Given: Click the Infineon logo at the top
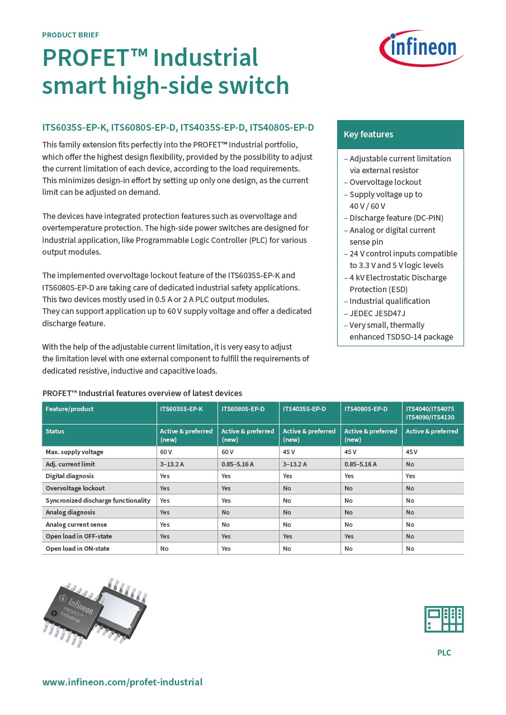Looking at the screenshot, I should [x=422, y=48].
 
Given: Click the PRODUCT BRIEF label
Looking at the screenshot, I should [x=70, y=35].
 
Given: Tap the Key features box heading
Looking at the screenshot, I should [x=368, y=135].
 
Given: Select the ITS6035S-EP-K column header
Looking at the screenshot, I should [x=181, y=409].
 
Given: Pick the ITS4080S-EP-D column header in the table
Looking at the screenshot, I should [x=366, y=409].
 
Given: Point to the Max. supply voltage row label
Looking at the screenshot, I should [x=74, y=452].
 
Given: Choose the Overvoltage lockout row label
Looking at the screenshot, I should [x=75, y=488].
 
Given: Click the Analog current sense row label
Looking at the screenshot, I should [x=76, y=525].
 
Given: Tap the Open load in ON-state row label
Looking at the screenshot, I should [x=77, y=549].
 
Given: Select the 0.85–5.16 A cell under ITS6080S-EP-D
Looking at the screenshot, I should [x=238, y=464].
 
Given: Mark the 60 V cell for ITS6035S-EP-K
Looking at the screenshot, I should [x=165, y=452].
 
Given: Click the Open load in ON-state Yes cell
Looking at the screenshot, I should [x=226, y=549].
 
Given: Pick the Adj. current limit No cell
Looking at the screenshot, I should [x=410, y=464].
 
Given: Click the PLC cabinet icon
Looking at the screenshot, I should [x=444, y=619].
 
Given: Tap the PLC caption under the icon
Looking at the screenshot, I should [x=444, y=652].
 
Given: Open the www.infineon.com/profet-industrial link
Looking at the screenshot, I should [x=122, y=682].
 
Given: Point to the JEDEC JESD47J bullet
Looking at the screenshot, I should [x=377, y=313].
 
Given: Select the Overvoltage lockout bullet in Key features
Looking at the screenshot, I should [x=385, y=182].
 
